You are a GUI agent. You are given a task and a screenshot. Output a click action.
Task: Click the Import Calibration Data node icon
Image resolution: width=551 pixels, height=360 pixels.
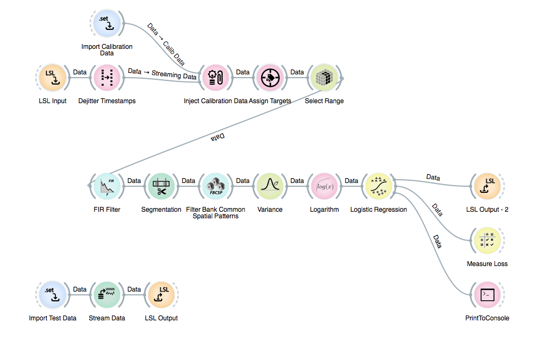coord(107,23)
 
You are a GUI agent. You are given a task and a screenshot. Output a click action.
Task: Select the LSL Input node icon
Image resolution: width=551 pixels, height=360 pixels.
coord(53,78)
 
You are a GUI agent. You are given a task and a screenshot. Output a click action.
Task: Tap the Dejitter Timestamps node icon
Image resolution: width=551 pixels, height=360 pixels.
coord(107,78)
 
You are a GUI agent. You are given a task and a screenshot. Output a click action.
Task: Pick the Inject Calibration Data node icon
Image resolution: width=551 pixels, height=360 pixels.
coord(216,78)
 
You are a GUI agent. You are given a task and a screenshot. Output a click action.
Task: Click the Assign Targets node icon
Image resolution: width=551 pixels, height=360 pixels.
coord(270,78)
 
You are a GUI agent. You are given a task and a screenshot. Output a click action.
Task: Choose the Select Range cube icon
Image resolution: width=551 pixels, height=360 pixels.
coord(324,78)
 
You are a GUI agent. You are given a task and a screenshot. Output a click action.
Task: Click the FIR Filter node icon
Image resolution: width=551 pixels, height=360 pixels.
coord(107,186)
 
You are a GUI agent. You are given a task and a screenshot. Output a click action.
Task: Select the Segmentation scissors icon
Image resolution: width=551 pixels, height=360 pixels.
coord(161,186)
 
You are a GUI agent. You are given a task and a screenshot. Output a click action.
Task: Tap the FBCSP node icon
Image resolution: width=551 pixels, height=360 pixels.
coord(216,186)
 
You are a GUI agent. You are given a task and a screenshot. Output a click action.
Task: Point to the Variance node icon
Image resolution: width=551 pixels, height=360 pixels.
coord(270,186)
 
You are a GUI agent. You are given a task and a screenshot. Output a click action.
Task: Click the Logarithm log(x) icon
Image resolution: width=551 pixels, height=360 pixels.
coord(324,186)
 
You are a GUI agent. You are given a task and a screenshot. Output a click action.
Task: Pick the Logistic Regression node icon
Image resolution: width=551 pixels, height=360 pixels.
coord(379,186)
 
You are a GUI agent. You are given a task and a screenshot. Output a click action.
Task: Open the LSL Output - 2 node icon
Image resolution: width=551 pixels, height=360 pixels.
coord(487,186)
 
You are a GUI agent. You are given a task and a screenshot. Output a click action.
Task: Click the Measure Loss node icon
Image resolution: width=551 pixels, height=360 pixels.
coord(487,241)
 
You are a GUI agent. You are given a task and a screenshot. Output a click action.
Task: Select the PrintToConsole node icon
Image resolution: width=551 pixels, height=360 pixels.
coord(487,295)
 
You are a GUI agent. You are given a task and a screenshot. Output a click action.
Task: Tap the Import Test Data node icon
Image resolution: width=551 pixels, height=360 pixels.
coord(53,295)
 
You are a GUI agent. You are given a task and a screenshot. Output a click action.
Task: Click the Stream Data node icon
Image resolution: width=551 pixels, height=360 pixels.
coord(107,295)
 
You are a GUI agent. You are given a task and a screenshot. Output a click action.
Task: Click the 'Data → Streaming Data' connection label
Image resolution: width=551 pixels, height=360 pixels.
coord(162,73)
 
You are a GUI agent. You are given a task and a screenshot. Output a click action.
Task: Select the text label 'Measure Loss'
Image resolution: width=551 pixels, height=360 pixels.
coord(487,264)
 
